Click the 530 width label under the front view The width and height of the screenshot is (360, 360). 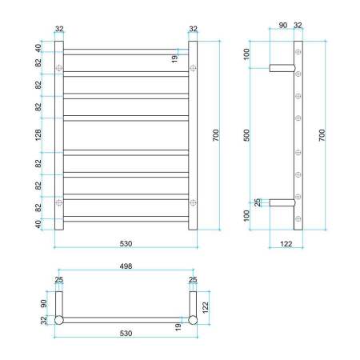pyautogui.click(x=126, y=242)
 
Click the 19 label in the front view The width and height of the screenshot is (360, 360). pyautogui.click(x=175, y=58)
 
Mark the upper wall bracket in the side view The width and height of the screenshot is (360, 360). pyautogui.click(x=282, y=67)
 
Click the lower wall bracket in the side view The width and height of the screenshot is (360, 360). pyautogui.click(x=282, y=203)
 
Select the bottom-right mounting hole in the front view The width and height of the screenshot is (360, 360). pyautogui.click(x=193, y=203)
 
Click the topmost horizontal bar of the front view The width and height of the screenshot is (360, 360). pyautogui.click(x=126, y=51)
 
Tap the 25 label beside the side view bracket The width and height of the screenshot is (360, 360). pyautogui.click(x=258, y=203)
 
